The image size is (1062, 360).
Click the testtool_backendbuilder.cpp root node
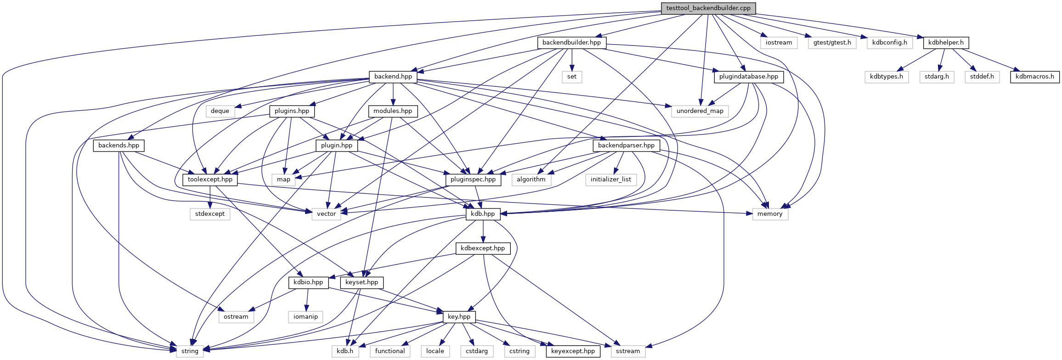tap(708, 8)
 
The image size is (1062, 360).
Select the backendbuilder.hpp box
tap(571, 43)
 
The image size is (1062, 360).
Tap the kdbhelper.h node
tap(946, 43)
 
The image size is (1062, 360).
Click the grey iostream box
tap(779, 43)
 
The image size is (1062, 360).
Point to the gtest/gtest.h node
tap(832, 43)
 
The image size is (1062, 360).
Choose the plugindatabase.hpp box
tap(748, 77)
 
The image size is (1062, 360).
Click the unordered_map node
tap(700, 111)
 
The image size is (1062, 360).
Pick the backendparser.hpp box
tap(626, 146)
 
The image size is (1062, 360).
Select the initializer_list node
tap(610, 180)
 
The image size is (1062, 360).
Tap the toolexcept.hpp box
tap(210, 180)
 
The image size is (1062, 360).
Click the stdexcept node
tap(210, 214)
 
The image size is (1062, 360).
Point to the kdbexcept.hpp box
tap(482, 248)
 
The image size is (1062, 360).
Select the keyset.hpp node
tap(362, 282)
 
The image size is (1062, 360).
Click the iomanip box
tap(305, 317)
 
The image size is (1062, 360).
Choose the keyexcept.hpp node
tap(572, 351)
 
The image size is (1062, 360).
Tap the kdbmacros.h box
tap(1034, 77)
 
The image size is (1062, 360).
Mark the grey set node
tap(571, 77)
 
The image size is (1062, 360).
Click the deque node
tap(220, 111)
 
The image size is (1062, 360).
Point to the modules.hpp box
tap(393, 111)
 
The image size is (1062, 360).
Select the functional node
tap(390, 351)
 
